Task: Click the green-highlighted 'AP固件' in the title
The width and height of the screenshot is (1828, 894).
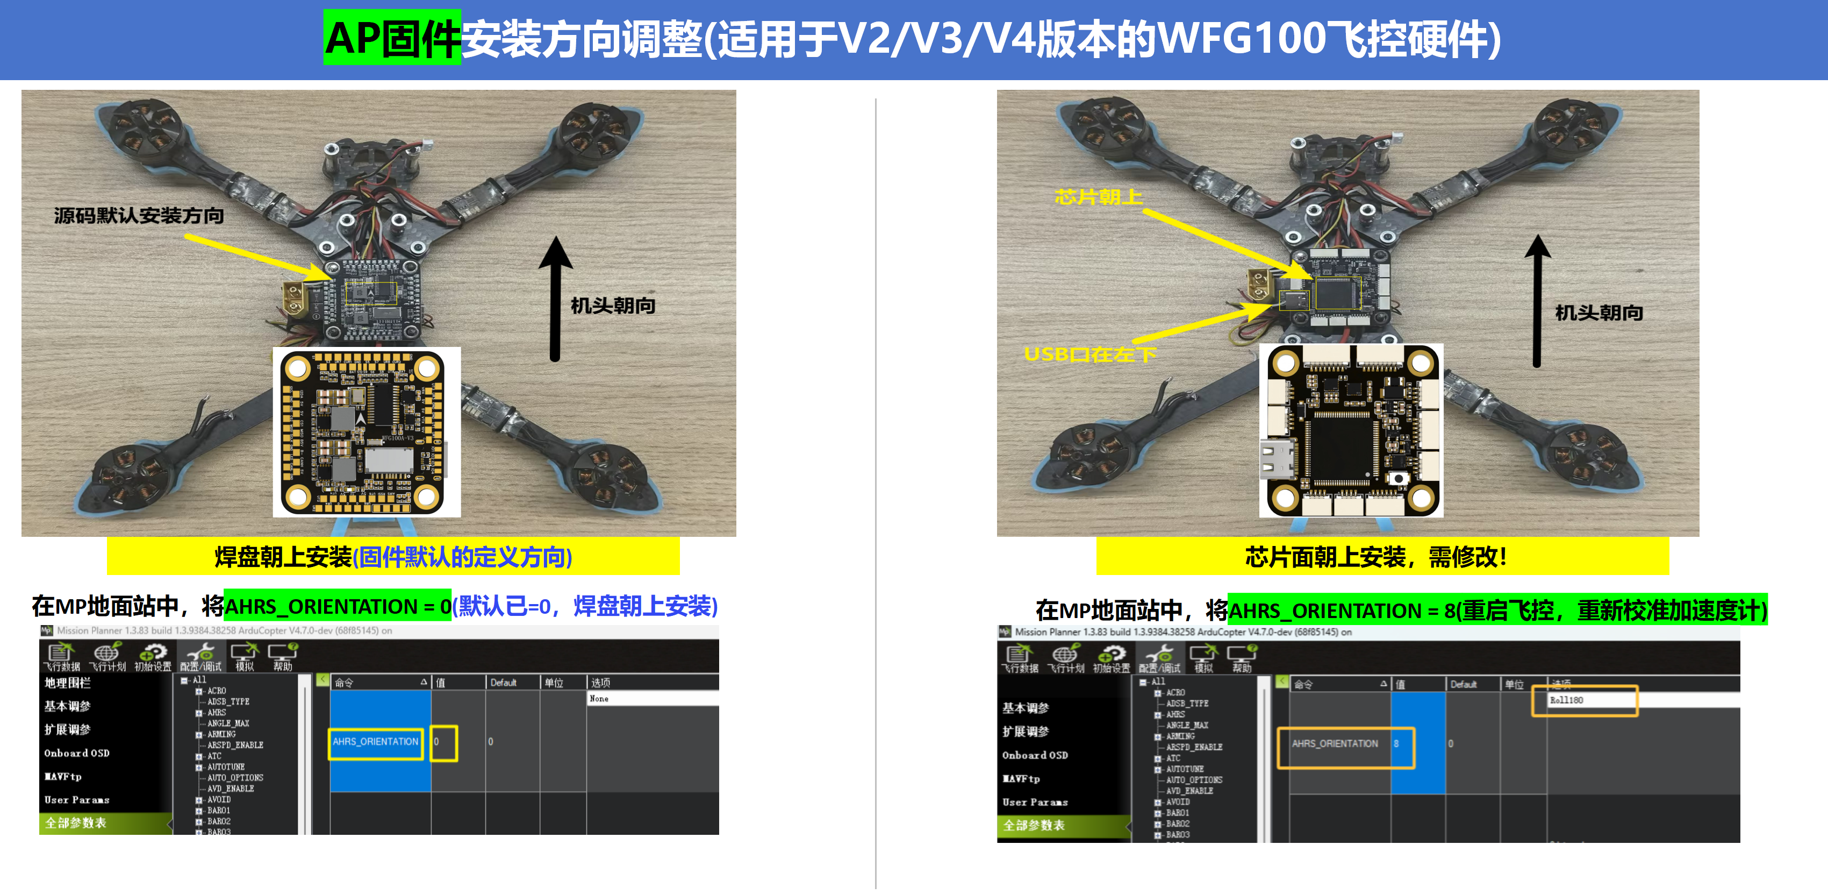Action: pyautogui.click(x=392, y=38)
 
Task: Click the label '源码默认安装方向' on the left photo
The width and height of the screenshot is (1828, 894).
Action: pyautogui.click(x=139, y=215)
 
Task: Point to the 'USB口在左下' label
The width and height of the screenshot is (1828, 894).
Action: pyautogui.click(x=1090, y=353)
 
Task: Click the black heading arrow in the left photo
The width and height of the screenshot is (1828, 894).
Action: pyautogui.click(x=556, y=298)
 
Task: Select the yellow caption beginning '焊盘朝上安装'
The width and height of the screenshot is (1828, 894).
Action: pyautogui.click(x=393, y=557)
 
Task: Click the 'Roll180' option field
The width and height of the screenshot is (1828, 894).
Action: pyautogui.click(x=1584, y=700)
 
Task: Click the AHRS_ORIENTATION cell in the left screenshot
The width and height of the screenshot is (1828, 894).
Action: pyautogui.click(x=375, y=742)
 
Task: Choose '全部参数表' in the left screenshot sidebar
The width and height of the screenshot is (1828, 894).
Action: pyautogui.click(x=76, y=823)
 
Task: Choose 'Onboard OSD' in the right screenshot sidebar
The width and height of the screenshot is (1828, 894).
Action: pyautogui.click(x=1035, y=755)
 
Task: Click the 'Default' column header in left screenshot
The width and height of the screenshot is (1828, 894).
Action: pyautogui.click(x=503, y=683)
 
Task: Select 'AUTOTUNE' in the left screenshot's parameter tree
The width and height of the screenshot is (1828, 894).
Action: pyautogui.click(x=226, y=767)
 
